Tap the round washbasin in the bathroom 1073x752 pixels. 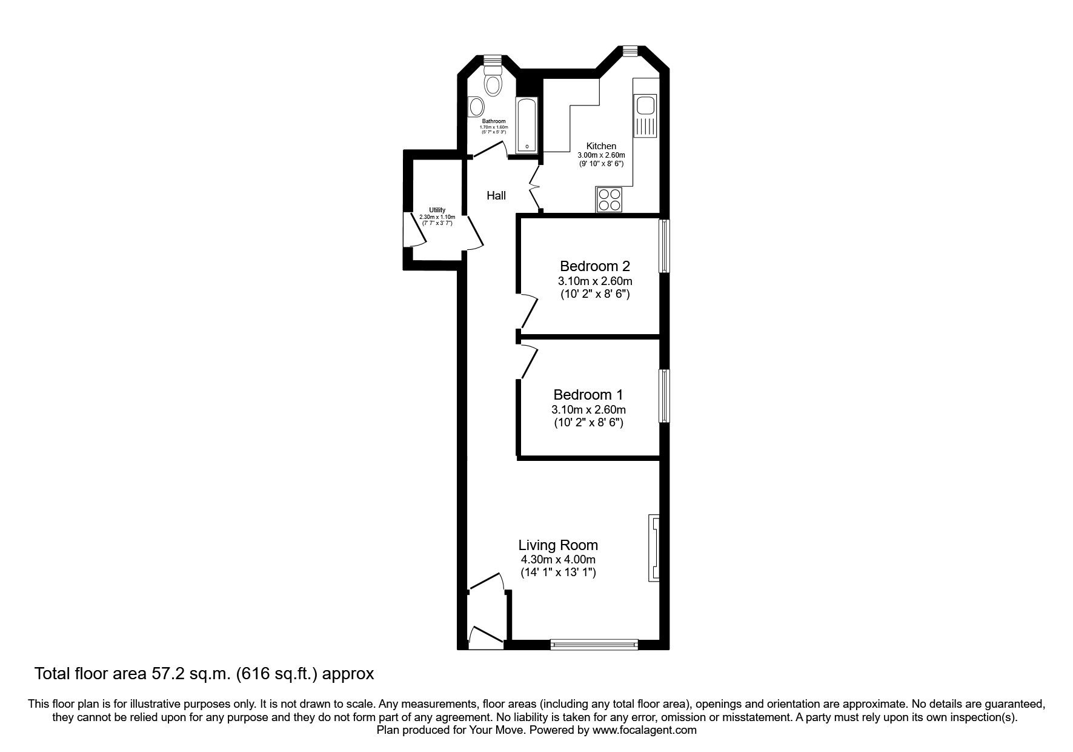[477, 107]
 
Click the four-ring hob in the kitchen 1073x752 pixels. [610, 200]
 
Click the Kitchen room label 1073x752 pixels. [601, 146]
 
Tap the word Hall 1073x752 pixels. [496, 195]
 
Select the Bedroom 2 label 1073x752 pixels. [594, 266]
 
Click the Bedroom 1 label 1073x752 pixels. [588, 394]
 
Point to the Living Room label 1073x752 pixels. [558, 545]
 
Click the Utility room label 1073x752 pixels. [437, 210]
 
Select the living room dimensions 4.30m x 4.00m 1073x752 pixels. [558, 560]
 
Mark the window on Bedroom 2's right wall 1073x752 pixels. [665, 246]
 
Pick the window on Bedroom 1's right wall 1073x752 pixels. [665, 396]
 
